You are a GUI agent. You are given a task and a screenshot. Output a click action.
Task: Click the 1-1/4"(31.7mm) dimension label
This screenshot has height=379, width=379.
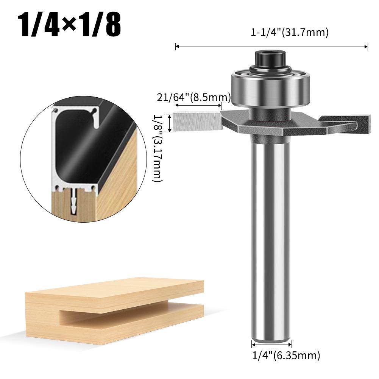click(289, 33)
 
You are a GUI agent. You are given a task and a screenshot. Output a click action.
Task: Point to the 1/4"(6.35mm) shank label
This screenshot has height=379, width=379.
click(286, 356)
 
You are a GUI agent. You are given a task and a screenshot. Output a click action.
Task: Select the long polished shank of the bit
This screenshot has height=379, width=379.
click(271, 227)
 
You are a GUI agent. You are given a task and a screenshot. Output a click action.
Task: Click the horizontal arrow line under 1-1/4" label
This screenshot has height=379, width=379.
click(271, 47)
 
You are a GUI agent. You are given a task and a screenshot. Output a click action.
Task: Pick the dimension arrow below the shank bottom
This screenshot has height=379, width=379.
click(271, 344)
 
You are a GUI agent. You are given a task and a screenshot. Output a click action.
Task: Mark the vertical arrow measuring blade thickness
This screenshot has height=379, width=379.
click(170, 123)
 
